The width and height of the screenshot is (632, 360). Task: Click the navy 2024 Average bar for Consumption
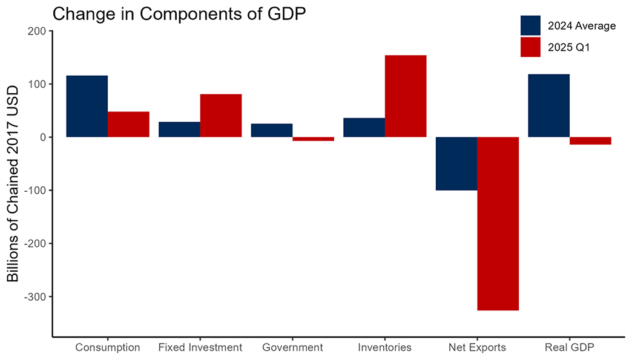pos(87,106)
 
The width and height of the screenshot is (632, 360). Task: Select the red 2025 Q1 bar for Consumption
pos(128,125)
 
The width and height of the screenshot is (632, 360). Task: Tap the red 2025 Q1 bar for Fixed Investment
pos(221,116)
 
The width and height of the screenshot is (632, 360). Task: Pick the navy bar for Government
pos(272,131)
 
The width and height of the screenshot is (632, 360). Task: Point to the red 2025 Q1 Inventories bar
pos(406,96)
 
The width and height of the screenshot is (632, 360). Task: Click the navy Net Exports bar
pos(456,163)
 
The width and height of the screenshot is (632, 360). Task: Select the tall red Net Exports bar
pos(498,224)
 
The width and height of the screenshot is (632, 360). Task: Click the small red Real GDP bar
pos(590,141)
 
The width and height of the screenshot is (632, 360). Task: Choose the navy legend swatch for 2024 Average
pos(530,25)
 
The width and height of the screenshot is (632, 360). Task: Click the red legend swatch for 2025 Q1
pos(530,47)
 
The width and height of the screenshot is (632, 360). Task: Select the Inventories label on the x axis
pos(385,348)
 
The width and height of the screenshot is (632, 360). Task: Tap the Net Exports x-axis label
pos(478,348)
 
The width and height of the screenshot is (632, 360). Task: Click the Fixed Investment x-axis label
pos(200,348)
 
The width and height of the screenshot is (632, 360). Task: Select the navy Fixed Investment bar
pos(179,129)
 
